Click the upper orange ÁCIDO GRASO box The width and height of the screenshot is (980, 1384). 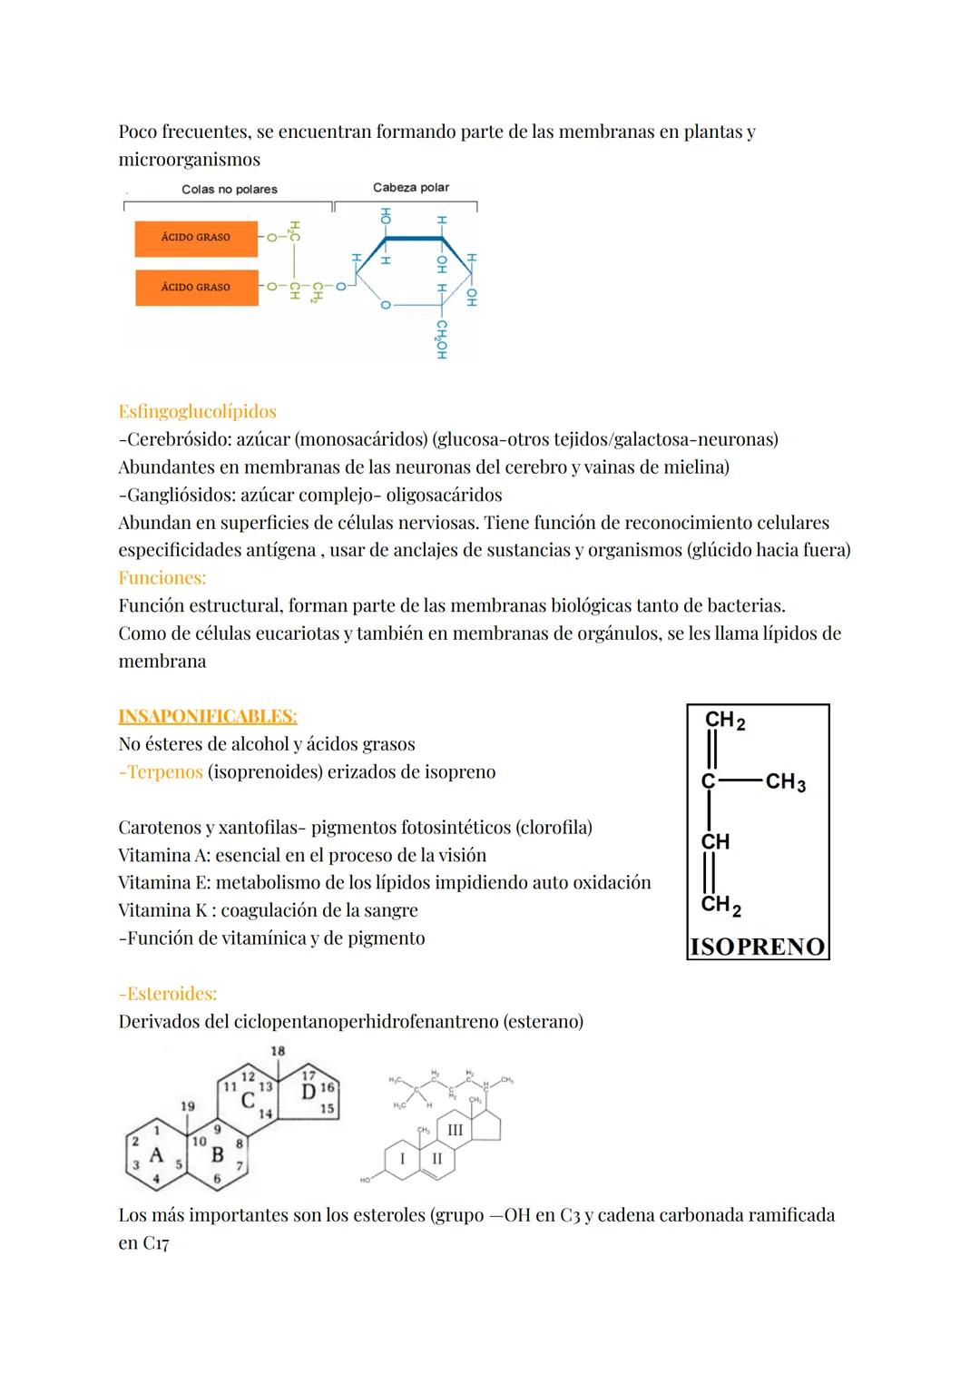[195, 238]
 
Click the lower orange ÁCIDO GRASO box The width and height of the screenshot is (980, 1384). [195, 287]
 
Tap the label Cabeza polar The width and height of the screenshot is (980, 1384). [411, 188]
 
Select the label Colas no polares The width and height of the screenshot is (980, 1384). [230, 190]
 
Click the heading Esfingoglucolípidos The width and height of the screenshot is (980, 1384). [197, 411]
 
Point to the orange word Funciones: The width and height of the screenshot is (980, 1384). [162, 578]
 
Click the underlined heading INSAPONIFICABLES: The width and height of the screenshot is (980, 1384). [207, 716]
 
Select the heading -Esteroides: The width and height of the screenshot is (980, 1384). [167, 994]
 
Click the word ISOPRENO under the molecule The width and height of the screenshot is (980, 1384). [758, 947]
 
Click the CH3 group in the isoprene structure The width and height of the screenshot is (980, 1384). [785, 782]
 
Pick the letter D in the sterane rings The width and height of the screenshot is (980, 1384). [309, 1092]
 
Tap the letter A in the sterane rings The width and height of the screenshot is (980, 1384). [156, 1155]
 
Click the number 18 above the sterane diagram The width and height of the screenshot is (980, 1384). [278, 1051]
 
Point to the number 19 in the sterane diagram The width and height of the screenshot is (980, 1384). [187, 1106]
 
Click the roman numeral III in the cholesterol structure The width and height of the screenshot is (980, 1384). [455, 1130]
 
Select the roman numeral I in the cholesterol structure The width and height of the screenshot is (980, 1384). [402, 1159]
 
